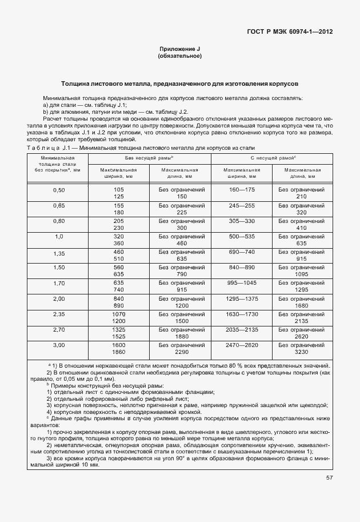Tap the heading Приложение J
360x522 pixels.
pyautogui.click(x=179, y=50)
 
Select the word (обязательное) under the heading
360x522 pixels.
pyautogui.click(x=179, y=57)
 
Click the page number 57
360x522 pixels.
pyautogui.click(x=329, y=478)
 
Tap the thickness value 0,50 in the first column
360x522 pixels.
pyautogui.click(x=59, y=189)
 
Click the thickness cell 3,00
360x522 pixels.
pyautogui.click(x=59, y=346)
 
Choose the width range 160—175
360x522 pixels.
pyautogui.click(x=241, y=189)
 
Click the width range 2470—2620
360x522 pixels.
pyautogui.click(x=241, y=346)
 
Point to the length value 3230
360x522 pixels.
pyautogui.click(x=302, y=353)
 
